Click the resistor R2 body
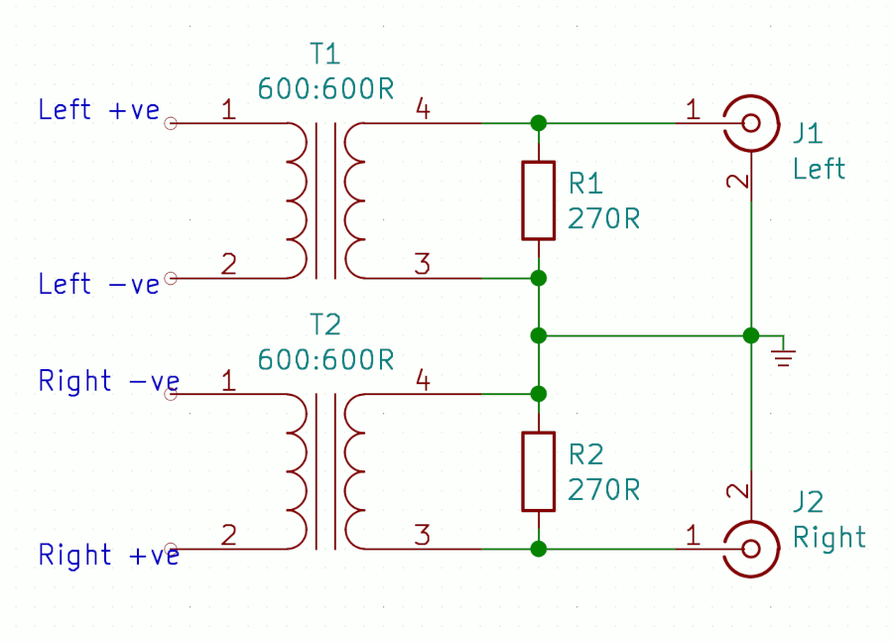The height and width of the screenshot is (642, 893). (538, 471)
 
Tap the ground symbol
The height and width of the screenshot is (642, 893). (784, 354)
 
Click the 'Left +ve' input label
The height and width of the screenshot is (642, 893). (98, 110)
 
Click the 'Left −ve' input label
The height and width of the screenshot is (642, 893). (98, 285)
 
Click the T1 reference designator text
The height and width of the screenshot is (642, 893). (325, 54)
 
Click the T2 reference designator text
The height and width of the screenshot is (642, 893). (325, 324)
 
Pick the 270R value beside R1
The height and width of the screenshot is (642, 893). (603, 218)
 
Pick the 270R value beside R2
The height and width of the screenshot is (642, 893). (603, 489)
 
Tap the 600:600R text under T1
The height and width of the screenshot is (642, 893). (325, 88)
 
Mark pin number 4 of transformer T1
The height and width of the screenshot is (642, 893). (422, 110)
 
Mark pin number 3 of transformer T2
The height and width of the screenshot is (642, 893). (422, 536)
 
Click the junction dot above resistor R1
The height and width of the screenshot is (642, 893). (538, 123)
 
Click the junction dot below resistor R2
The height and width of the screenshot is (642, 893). (538, 548)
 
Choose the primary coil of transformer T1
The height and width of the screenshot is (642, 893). (296, 200)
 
